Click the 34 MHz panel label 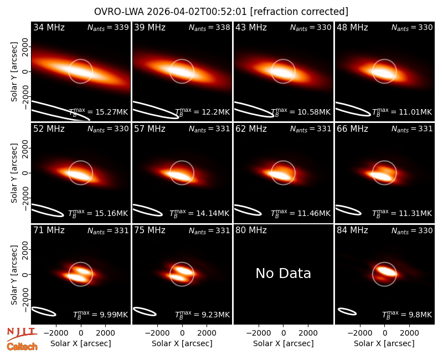[49, 27]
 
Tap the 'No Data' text [283, 273]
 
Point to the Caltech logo [22, 347]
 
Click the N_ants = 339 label [108, 27]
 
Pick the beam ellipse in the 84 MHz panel [347, 311]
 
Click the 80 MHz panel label [251, 230]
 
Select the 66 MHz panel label [352, 129]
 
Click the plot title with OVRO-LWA [221, 12]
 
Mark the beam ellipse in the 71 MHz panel [44, 311]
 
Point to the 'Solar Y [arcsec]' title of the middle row [14, 173]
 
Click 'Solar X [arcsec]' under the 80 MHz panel [283, 343]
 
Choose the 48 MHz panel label [352, 27]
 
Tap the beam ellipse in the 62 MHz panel [248, 210]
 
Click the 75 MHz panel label [150, 230]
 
